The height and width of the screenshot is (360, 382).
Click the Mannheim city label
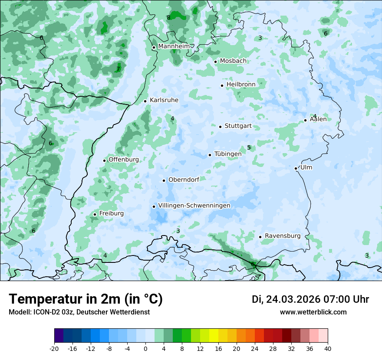click(x=174, y=46)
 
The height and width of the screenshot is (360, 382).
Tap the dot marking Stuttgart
click(x=220, y=127)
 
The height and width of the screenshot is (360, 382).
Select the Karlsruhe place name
click(x=164, y=100)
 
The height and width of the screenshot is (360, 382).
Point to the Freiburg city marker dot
click(x=95, y=214)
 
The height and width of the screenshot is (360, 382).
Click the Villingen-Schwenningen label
click(x=194, y=206)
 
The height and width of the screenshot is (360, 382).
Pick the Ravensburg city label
click(x=283, y=236)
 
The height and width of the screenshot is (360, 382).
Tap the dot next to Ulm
click(x=296, y=168)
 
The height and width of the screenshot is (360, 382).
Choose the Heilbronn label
click(x=241, y=84)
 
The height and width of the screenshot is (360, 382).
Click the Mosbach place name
click(x=233, y=61)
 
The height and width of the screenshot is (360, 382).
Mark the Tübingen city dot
click(x=210, y=155)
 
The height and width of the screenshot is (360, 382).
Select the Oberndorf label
click(x=184, y=180)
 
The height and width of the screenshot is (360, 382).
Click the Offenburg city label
click(x=124, y=160)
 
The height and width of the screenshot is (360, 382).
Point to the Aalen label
click(x=318, y=119)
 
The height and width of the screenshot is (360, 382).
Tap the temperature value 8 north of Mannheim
click(x=168, y=17)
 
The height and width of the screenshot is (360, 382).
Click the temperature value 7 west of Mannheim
click(x=118, y=69)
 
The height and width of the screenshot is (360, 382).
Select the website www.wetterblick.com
click(x=313, y=312)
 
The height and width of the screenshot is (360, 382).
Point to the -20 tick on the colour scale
click(x=54, y=348)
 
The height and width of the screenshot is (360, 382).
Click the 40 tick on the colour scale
click(x=328, y=348)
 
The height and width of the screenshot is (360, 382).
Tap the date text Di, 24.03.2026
click(x=286, y=299)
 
